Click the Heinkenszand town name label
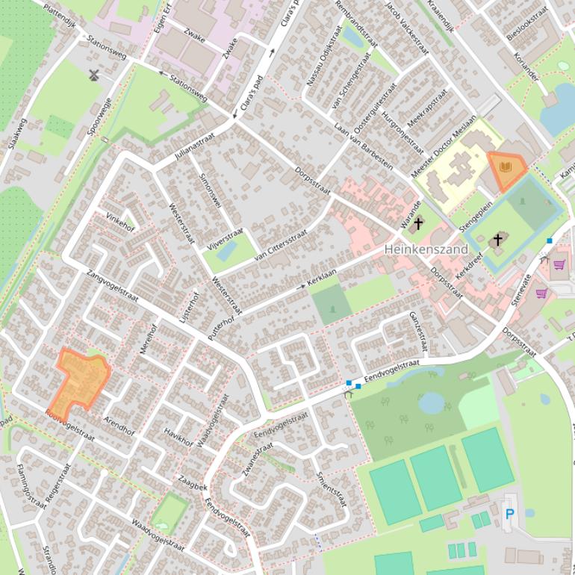426,249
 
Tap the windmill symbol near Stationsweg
94,75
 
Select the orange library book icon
506,166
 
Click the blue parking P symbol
510,514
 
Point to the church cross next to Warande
418,223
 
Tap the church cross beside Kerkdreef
498,240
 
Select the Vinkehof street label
120,222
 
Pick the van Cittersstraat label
280,245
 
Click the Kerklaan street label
322,278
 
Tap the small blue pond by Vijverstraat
226,251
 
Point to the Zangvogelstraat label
111,287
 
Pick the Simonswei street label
211,193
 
